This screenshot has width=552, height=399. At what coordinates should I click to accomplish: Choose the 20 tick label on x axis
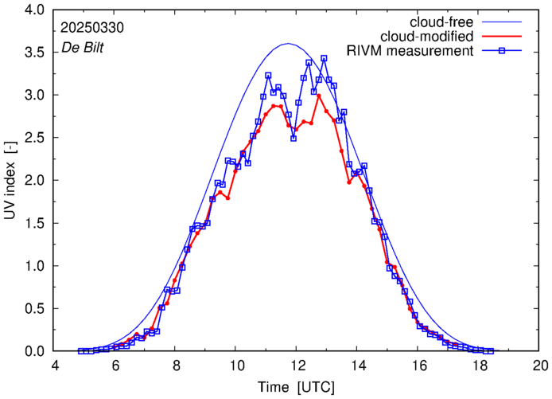pyautogui.click(x=540, y=366)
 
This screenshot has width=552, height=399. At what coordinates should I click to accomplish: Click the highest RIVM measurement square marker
pyautogui.click(x=324, y=58)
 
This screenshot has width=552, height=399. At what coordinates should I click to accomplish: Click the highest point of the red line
pyautogui.click(x=318, y=96)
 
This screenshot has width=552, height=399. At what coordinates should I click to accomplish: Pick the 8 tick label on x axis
pyautogui.click(x=176, y=366)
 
